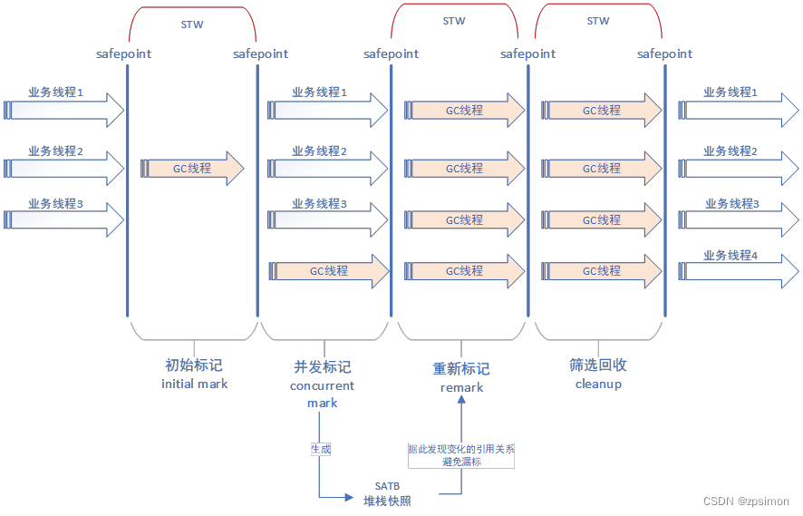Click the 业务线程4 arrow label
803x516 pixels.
[x=730, y=256]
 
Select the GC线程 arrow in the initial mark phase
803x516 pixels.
[x=192, y=169]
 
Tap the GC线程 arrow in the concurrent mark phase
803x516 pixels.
[x=327, y=270]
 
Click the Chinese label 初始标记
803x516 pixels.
[x=193, y=365]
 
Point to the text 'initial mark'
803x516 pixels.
[x=194, y=384]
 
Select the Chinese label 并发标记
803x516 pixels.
[x=322, y=367]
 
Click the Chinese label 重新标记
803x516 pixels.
[x=461, y=369]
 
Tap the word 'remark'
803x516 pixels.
[x=461, y=387]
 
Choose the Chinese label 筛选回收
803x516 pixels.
[x=598, y=365]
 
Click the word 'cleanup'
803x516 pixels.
[x=598, y=384]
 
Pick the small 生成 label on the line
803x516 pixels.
[x=320, y=449]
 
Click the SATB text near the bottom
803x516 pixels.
[x=387, y=486]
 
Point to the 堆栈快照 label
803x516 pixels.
[x=387, y=501]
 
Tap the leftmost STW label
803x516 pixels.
[x=192, y=24]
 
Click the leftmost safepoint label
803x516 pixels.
[x=124, y=54]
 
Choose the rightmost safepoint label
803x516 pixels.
[x=664, y=54]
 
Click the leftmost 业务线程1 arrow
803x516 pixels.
[x=63, y=110]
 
